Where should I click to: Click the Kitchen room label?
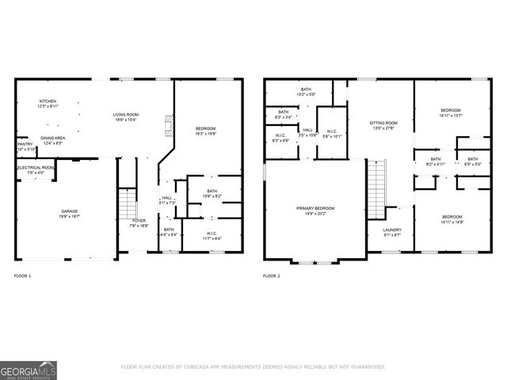pos(48,102)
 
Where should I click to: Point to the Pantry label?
pos(24,144)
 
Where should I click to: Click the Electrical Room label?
pos(36,168)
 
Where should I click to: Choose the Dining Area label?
pos(53,138)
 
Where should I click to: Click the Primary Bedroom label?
pos(315,208)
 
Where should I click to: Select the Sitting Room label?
pos(383,123)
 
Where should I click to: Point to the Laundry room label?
pos(392,230)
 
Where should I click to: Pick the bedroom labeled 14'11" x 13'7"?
pos(452,111)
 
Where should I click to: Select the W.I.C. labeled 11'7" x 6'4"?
pos(212,234)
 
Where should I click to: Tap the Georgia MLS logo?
pos(28,369)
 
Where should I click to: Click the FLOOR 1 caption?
pos(23,275)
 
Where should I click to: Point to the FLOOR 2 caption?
pos(271,275)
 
